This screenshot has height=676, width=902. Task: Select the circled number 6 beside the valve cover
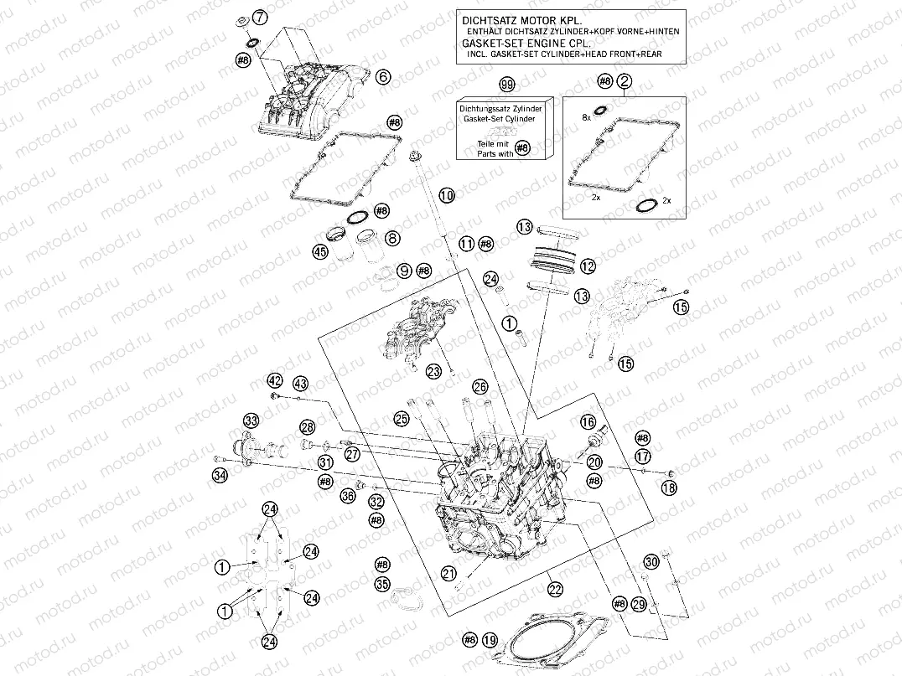click(383, 77)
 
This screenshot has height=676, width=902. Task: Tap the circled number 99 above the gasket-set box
click(505, 86)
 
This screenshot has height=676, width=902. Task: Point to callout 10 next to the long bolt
click(446, 195)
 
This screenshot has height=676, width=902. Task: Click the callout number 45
click(319, 251)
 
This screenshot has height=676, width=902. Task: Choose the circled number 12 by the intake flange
click(587, 266)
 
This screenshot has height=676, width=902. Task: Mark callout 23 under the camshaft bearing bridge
click(433, 371)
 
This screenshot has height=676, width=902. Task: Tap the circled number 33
click(250, 420)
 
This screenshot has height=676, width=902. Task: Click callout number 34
click(220, 477)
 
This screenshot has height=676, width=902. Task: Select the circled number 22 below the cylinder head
click(554, 590)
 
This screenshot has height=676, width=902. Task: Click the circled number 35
click(382, 584)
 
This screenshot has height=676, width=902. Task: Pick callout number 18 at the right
click(669, 488)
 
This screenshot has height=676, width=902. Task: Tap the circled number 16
click(588, 422)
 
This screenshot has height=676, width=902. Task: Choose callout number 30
click(651, 561)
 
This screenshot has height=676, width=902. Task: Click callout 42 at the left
click(275, 380)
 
